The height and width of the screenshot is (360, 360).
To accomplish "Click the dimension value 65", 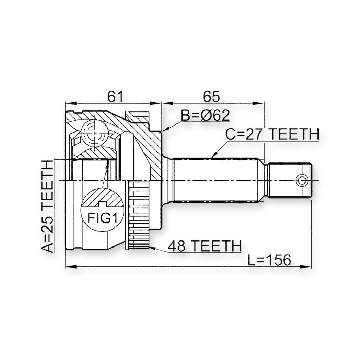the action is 211,96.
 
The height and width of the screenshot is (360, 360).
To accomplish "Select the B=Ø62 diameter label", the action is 205,115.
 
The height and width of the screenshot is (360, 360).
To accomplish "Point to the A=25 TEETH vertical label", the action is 47,206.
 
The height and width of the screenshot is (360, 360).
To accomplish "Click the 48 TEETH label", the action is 205,246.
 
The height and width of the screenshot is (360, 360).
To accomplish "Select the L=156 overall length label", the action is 269,260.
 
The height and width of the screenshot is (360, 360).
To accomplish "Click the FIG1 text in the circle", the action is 102,218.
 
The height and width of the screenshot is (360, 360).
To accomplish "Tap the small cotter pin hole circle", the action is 301,180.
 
